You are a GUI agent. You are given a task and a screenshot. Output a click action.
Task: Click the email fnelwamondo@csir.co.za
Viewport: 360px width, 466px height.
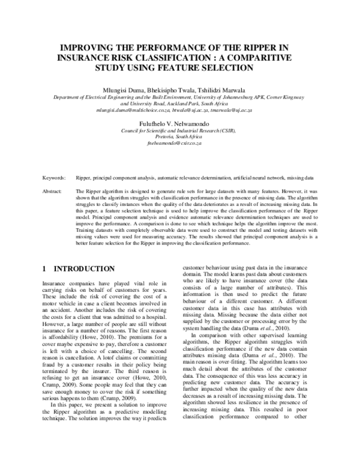pyautogui.click(x=178, y=145)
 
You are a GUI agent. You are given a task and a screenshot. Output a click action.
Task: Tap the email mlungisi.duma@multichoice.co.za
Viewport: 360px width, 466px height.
pyautogui.click(x=128, y=110)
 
